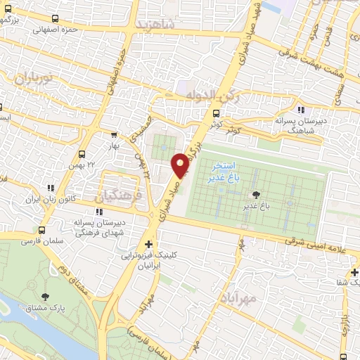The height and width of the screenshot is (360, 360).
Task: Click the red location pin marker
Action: (180, 165)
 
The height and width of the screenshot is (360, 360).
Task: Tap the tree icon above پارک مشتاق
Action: (46, 297)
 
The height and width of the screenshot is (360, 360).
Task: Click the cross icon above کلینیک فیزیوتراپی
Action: (148, 244)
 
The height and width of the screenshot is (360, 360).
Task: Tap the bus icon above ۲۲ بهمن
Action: (83, 154)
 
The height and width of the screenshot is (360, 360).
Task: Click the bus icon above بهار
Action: (114, 136)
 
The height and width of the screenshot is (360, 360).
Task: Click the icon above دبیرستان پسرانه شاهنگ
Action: (302, 110)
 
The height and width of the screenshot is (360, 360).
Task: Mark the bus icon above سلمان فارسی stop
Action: (41, 230)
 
